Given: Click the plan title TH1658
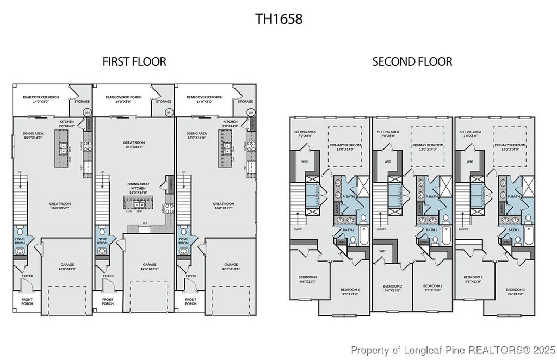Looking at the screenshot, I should pos(278,19).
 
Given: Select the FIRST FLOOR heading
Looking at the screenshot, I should pos(134,61).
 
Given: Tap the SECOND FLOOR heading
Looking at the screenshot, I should pos(412,61).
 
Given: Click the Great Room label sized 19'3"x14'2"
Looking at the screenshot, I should pos(134,145).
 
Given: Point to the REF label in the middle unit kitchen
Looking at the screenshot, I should pos(145,223).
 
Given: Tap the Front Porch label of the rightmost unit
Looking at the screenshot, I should pos(190,301).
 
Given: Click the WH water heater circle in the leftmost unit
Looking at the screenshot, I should pos(87,113).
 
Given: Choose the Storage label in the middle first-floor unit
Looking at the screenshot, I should pos(163,101).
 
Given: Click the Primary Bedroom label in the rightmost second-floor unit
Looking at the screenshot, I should pos(510,147).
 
